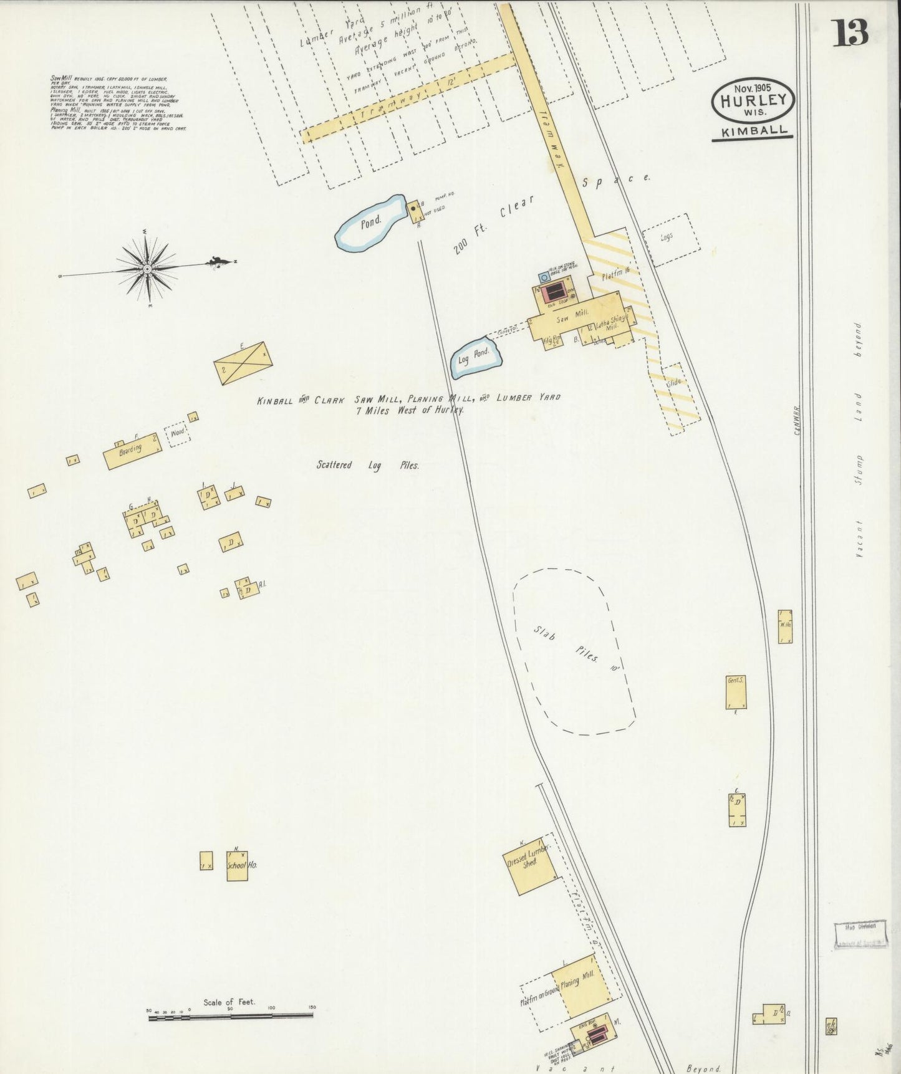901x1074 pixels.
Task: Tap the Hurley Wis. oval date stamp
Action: (x=753, y=100)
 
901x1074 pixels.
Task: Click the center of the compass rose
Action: (x=147, y=269)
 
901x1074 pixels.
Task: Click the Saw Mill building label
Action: (x=568, y=319)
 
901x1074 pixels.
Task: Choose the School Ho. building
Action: (x=237, y=865)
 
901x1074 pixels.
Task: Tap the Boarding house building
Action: (x=132, y=450)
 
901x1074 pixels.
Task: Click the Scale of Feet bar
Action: (x=230, y=1017)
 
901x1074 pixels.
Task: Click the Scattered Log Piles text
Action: (x=367, y=465)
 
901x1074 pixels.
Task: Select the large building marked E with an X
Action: (x=243, y=360)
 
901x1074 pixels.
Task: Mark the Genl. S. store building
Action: (x=736, y=691)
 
